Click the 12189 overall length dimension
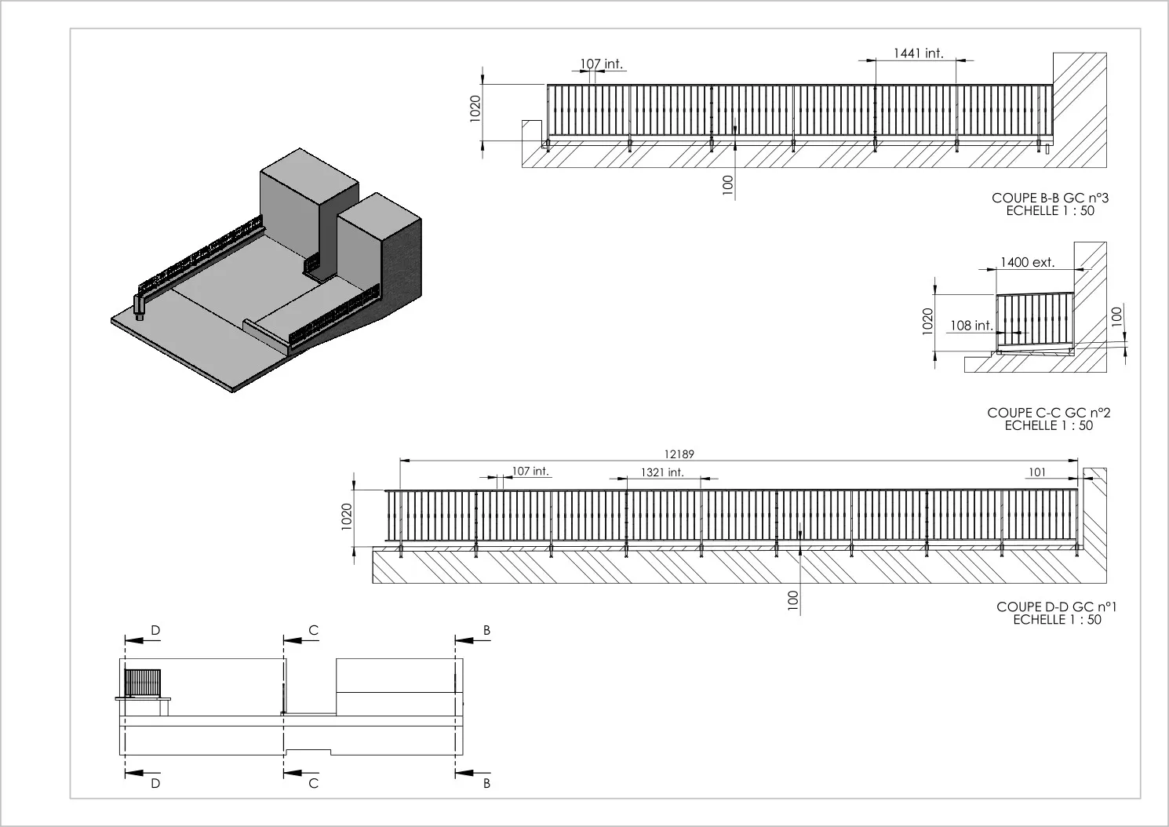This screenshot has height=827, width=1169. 679,454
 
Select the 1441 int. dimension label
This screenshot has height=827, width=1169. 919,53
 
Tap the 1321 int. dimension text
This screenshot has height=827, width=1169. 662,472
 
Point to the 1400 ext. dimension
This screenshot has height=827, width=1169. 1027,262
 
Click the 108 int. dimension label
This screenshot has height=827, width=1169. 971,326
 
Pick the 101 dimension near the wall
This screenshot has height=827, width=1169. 1037,472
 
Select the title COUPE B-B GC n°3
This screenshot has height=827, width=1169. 1050,199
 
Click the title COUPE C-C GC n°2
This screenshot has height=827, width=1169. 1049,413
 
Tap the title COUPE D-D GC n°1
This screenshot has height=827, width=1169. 1057,607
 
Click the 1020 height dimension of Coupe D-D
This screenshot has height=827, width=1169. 347,516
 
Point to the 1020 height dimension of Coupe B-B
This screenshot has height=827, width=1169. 475,108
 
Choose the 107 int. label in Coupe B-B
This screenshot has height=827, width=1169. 602,64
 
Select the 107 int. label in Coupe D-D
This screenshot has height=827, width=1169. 530,471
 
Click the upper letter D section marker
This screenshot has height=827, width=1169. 155,630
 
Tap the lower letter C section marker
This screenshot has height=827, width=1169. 313,783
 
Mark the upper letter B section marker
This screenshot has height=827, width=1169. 486,630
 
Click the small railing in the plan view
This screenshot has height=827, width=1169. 143,683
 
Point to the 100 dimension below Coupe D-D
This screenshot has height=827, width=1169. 792,600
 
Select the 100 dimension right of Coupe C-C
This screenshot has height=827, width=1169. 1116,317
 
